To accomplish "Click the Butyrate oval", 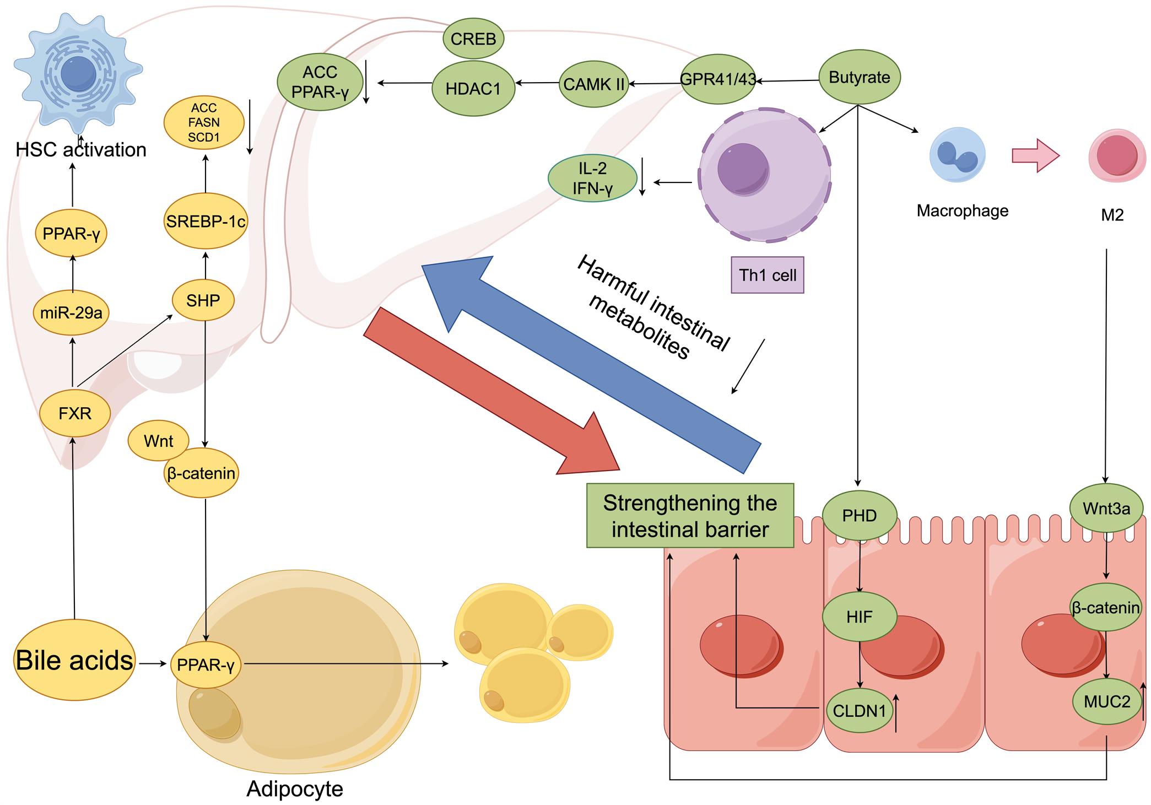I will pos(859,77).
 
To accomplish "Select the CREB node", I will pos(473,39).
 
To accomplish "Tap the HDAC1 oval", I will pos(473,89).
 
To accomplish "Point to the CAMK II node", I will pos(593,84).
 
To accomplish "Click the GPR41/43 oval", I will pos(717,79).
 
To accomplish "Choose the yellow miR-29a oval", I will pos(71,313).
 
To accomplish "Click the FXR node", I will pos(75,413).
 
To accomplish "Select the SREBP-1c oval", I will pos(206,221).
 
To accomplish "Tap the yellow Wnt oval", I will pos(158,441).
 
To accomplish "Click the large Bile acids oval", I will pos(74,660).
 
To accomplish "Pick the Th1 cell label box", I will pos(767,275).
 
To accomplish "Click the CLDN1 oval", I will pos(859,711).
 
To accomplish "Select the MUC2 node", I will pos(1106,702).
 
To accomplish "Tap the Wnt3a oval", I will pos(1106,509).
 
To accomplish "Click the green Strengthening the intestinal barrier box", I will pos(690,516).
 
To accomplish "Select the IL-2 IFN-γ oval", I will pos(592,179).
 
